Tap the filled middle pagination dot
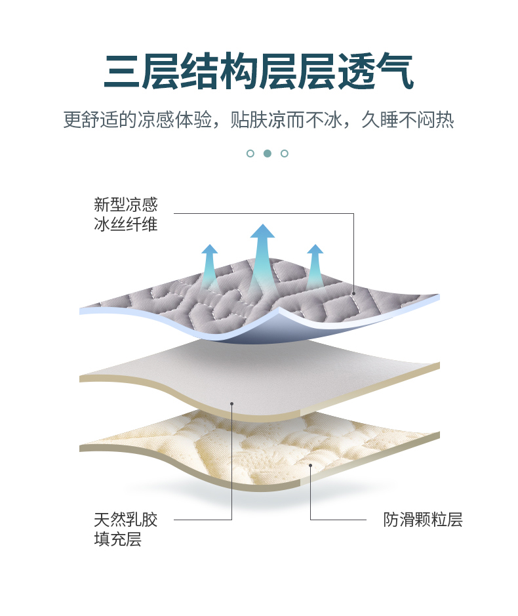tap(268, 154)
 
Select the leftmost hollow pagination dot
tap(250, 154)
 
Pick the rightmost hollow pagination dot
tap(285, 154)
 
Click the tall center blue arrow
tap(262, 253)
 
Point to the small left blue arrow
tap(209, 264)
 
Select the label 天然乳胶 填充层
tap(126, 530)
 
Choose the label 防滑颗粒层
tap(423, 520)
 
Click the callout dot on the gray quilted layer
tap(353, 293)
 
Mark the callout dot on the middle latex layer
tap(232, 403)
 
